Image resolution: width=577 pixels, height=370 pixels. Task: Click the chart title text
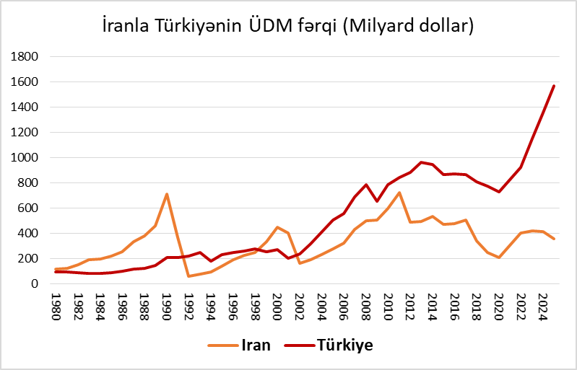pyautogui.click(x=287, y=27)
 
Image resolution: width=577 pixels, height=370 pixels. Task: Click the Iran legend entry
pyautogui.click(x=241, y=345)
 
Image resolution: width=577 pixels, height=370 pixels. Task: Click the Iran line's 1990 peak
pyautogui.click(x=167, y=194)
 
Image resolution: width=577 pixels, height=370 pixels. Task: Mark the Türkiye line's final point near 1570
pyautogui.click(x=554, y=86)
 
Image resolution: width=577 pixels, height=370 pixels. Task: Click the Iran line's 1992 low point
pyautogui.click(x=189, y=276)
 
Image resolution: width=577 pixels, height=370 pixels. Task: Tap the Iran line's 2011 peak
pyautogui.click(x=399, y=193)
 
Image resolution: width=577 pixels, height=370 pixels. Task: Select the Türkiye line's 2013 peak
pyautogui.click(x=421, y=162)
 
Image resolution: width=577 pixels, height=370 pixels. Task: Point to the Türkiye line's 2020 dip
pyautogui.click(x=498, y=192)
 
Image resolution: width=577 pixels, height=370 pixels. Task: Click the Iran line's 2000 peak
pyautogui.click(x=277, y=227)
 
